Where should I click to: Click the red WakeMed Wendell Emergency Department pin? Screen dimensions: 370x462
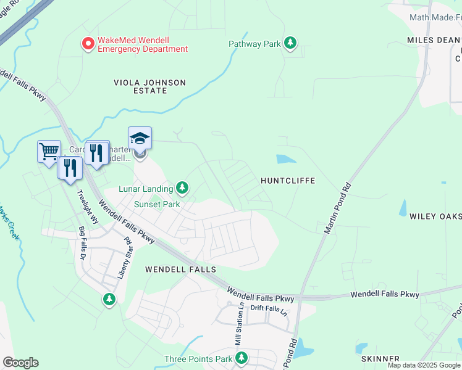(88, 44)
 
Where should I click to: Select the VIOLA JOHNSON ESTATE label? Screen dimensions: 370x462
(149, 86)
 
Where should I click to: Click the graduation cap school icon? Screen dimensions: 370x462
(140, 138)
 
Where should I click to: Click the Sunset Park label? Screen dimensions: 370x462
(157, 204)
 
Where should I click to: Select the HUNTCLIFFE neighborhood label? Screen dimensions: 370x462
(288, 181)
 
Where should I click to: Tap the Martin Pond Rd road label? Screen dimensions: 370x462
(338, 208)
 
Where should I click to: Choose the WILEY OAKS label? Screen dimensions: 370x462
(435, 216)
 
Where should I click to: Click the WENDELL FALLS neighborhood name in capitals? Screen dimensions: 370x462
(180, 269)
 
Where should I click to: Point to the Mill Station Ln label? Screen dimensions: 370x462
(238, 328)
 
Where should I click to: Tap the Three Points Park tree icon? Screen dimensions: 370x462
(242, 358)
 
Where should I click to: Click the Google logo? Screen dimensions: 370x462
(20, 363)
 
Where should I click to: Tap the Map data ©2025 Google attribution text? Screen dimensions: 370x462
(424, 365)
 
